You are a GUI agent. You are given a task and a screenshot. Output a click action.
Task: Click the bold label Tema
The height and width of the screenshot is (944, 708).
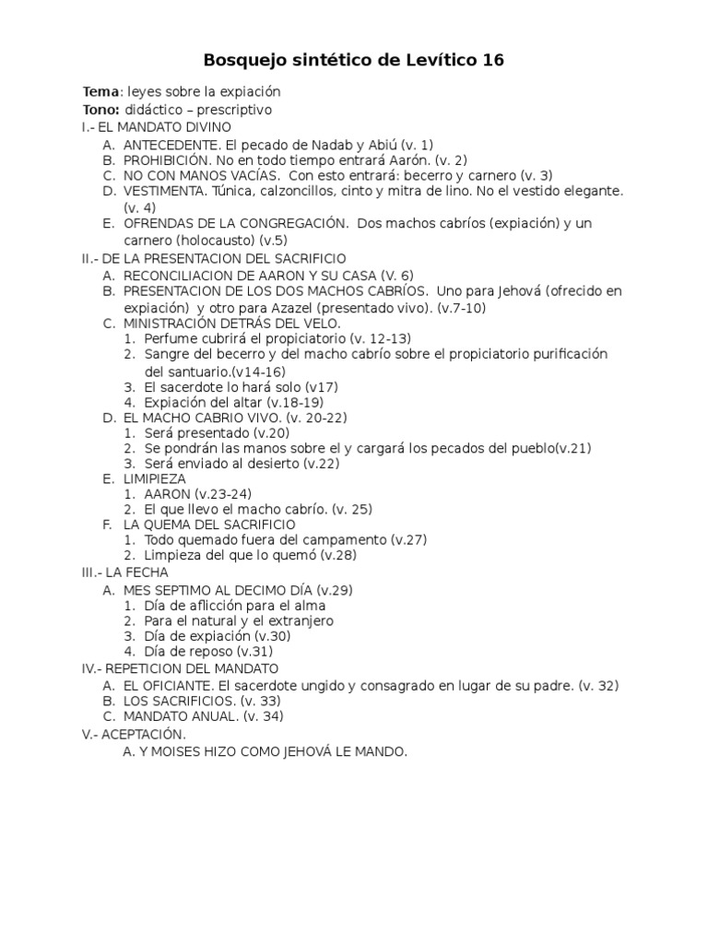click(x=100, y=92)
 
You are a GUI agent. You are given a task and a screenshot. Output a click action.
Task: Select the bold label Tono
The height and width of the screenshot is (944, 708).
click(x=100, y=110)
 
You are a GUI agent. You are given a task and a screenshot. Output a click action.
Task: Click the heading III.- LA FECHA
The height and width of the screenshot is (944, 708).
click(x=124, y=572)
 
